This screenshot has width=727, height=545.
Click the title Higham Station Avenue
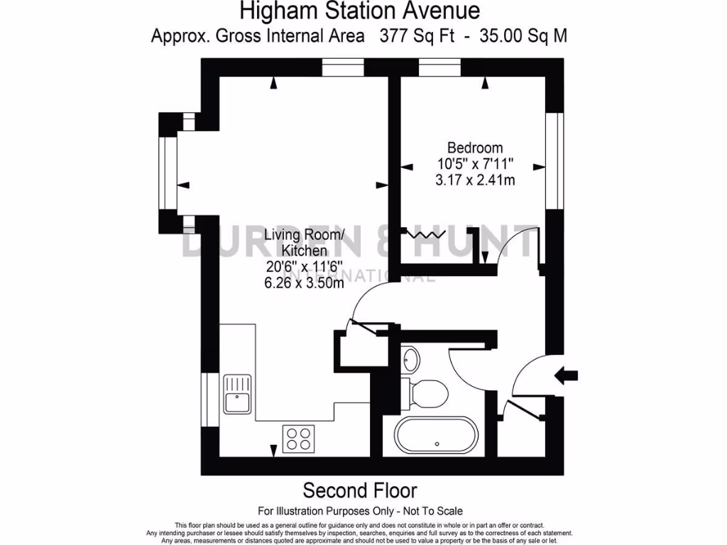359,11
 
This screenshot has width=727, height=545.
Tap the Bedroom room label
475,148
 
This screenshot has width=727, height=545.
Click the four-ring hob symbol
299,438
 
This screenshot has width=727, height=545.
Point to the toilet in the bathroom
425,391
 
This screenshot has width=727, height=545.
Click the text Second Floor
360,490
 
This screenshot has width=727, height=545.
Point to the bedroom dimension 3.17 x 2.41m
475,180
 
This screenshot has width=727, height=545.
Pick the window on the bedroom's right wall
551,160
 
